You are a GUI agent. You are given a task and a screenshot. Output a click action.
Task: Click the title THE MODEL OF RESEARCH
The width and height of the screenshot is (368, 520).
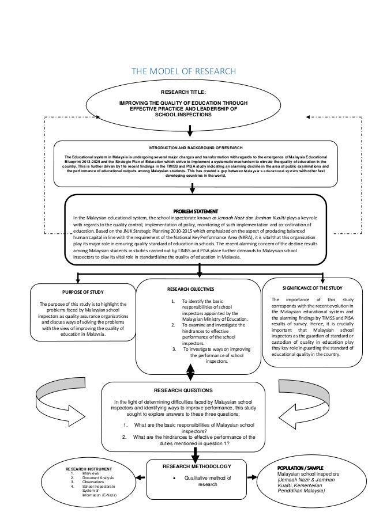[184, 71]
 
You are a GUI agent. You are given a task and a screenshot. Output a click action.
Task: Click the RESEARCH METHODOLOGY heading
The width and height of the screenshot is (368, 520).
[190, 466]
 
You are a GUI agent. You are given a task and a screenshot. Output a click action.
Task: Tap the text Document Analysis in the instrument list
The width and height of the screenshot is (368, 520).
[98, 478]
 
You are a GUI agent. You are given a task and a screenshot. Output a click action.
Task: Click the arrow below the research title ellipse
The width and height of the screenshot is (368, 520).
[183, 130]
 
